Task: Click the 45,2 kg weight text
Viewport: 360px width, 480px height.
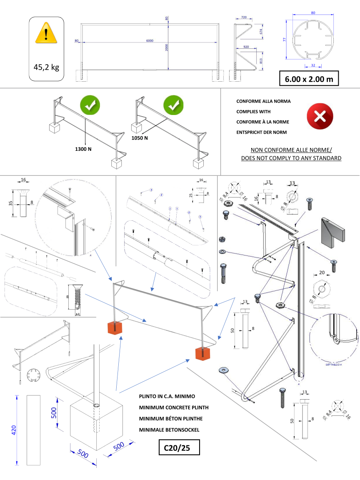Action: tap(46, 67)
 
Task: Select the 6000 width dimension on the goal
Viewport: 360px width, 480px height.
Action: tap(150, 40)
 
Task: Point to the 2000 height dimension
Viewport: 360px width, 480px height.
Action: tap(166, 48)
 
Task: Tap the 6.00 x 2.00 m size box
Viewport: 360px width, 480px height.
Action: tap(309, 79)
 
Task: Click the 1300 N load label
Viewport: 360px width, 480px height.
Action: tap(83, 149)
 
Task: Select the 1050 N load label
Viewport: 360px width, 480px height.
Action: tap(140, 138)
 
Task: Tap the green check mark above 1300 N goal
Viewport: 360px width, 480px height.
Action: tap(90, 106)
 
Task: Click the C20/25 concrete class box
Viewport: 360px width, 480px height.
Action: tap(179, 448)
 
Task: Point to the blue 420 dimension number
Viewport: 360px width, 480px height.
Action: tap(14, 430)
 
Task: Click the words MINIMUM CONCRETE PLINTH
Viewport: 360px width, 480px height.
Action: tap(174, 407)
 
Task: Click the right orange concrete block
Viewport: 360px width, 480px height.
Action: tap(203, 353)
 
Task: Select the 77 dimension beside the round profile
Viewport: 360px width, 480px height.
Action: tap(285, 40)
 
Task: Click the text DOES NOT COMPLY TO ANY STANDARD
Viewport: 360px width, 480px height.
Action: tap(291, 158)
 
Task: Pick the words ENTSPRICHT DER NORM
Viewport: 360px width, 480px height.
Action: tap(261, 132)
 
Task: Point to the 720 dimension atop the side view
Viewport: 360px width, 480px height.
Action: tap(244, 17)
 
